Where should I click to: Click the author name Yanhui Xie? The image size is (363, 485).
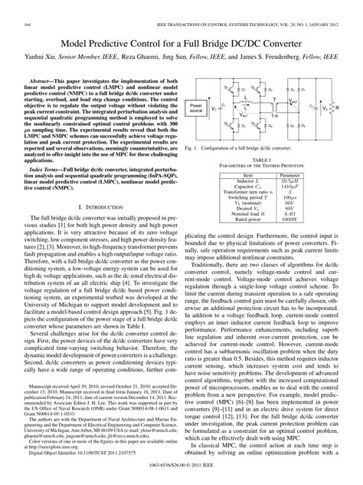[x=44, y=35]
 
